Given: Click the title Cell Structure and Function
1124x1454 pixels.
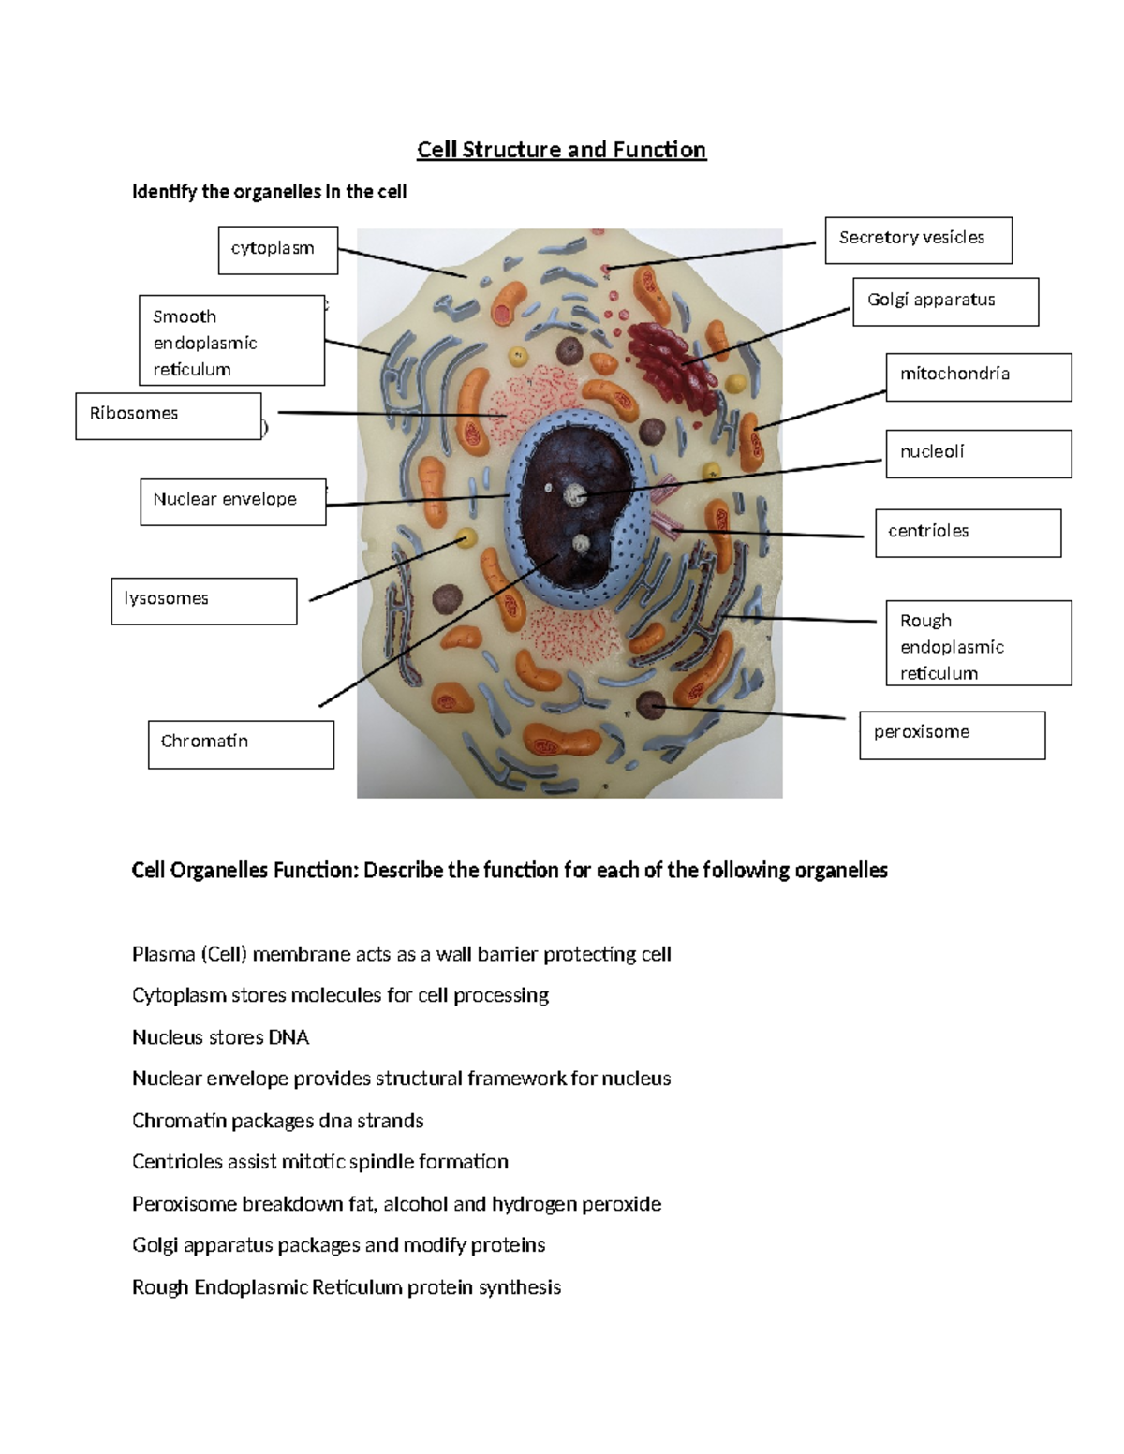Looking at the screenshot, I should [561, 150].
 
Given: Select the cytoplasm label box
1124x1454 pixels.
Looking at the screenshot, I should [278, 250].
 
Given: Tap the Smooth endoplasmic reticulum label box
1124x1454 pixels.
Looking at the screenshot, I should [232, 341].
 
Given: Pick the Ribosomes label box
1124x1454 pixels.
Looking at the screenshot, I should [169, 416].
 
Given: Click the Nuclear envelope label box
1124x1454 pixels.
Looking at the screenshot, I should [233, 502].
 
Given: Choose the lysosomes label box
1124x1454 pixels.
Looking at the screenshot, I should [204, 601].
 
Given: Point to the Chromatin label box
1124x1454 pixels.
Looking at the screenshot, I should [241, 744].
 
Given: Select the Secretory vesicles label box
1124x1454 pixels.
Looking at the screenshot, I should [918, 240].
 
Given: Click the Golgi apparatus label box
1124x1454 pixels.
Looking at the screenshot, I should [945, 301].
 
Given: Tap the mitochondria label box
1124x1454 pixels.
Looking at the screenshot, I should [979, 376].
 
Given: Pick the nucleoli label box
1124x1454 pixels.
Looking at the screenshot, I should [979, 454].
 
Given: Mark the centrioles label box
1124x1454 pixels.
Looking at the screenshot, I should [968, 533].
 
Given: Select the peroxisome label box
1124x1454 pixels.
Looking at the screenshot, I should [952, 735].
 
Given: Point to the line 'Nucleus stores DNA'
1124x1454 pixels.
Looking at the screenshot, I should [220, 1037].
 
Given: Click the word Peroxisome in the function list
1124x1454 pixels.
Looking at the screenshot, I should [185, 1204].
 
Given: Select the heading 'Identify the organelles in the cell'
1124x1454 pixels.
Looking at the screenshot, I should [269, 192].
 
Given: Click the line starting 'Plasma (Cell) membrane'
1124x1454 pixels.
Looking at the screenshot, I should [401, 954].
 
